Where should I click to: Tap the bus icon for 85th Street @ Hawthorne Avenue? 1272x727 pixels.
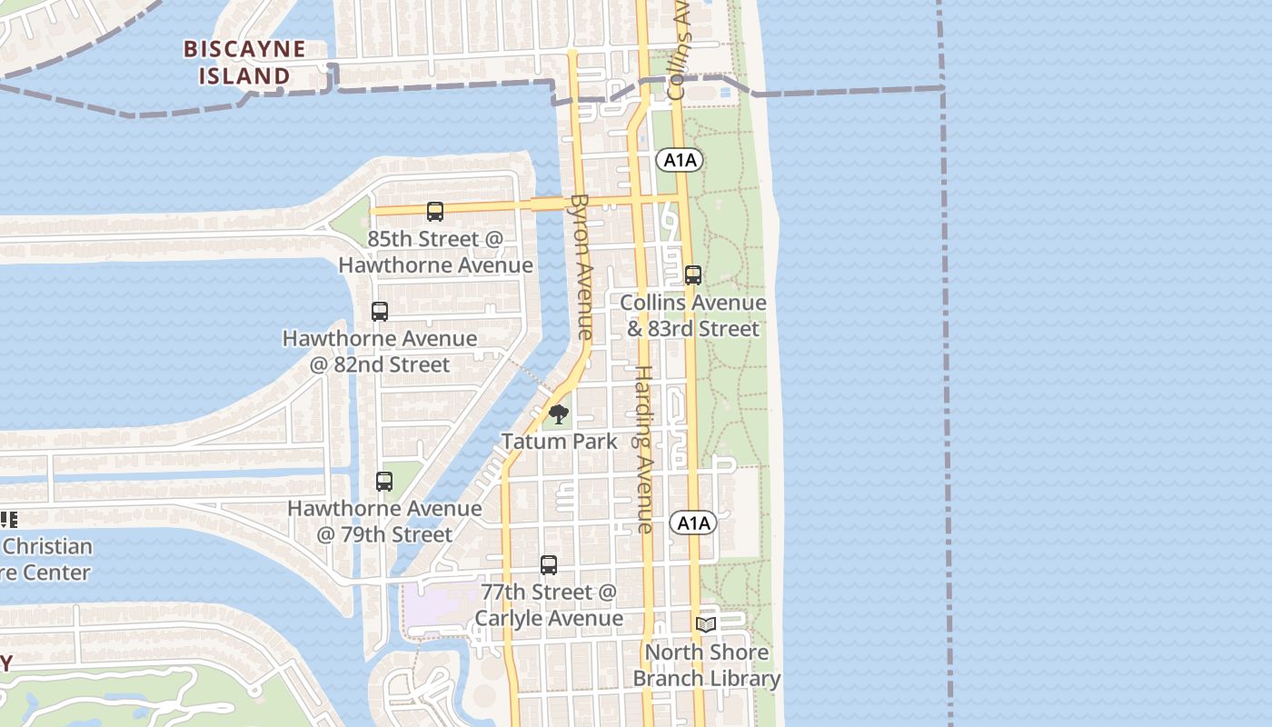[435, 212]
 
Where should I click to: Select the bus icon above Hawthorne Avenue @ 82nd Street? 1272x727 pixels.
[380, 312]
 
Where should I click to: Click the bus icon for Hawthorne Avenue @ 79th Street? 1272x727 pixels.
[384, 482]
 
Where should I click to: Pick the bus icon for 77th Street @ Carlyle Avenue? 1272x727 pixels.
[549, 565]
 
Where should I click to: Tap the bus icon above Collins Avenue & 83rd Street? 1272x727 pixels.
[693, 275]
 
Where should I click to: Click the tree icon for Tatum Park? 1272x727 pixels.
[559, 416]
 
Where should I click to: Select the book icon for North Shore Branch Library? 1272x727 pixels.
[706, 624]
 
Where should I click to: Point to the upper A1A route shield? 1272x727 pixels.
[680, 161]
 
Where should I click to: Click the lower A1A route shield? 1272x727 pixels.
[693, 523]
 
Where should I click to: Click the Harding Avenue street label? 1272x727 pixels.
[643, 449]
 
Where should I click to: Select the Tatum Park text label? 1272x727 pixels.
[559, 442]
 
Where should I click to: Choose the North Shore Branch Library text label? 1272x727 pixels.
[706, 665]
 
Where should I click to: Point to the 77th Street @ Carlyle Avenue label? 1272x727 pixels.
[549, 605]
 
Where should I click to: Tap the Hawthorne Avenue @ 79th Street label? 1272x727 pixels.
[384, 522]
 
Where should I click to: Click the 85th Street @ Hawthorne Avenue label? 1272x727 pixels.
[435, 252]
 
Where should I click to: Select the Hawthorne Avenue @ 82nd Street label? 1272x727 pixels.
[380, 352]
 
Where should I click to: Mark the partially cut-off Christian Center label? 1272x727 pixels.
[45, 559]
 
